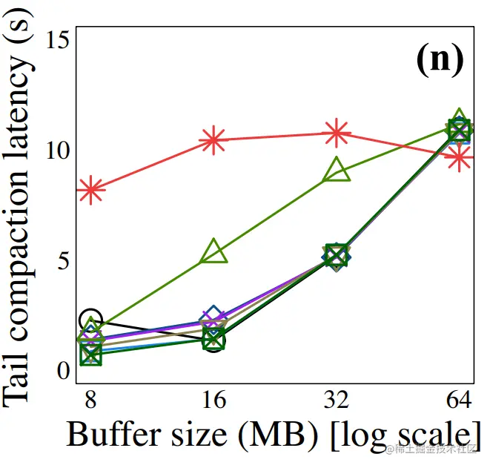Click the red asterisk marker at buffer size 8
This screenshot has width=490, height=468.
pos(91,190)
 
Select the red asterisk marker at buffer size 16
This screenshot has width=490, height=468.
pos(213,139)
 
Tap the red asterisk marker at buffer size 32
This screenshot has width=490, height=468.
pos(337,133)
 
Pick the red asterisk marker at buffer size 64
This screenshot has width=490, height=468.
pos(460,157)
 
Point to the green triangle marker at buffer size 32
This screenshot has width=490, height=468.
pos(337,170)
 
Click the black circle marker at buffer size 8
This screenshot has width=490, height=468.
pos(90,320)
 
